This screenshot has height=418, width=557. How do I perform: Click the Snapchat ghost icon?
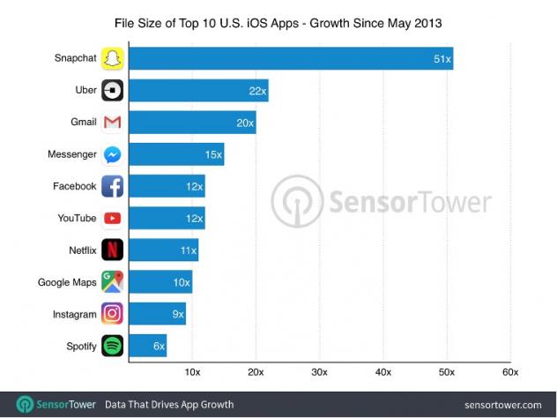[113, 59]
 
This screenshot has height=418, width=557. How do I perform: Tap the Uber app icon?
[113, 91]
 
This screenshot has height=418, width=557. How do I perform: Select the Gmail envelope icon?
[113, 123]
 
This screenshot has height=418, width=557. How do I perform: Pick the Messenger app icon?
[113, 154]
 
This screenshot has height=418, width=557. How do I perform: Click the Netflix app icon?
[113, 250]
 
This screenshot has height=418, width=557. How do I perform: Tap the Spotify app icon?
[113, 346]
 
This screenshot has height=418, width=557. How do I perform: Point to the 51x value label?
[441, 59]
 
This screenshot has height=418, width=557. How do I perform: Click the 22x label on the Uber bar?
[256, 91]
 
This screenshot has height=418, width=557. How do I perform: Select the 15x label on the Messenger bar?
[212, 154]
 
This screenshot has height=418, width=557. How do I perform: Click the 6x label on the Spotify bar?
[159, 346]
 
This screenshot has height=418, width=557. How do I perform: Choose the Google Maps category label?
[67, 282]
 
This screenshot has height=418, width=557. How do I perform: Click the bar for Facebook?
[167, 186]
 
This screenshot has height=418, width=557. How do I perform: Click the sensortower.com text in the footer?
[504, 404]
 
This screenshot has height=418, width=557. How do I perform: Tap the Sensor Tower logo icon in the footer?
[25, 404]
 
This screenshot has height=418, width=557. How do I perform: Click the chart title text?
[278, 18]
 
